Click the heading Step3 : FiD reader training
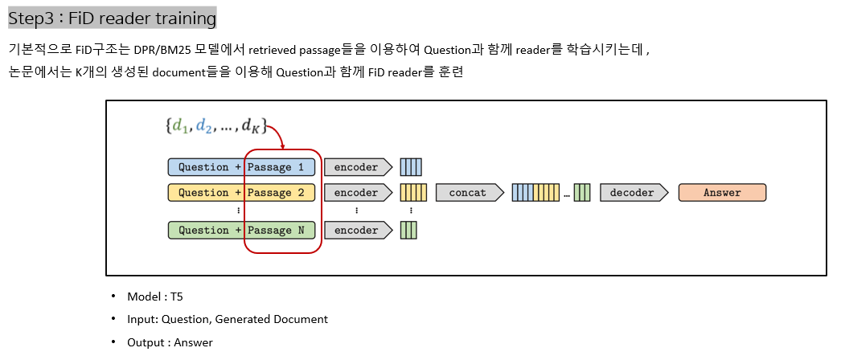click(112, 18)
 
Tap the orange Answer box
click(722, 193)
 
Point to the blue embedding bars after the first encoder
click(411, 167)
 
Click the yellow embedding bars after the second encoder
click(413, 193)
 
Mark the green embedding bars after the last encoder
click(408, 231)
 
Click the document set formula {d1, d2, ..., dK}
click(215, 125)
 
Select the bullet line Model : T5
click(149, 297)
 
